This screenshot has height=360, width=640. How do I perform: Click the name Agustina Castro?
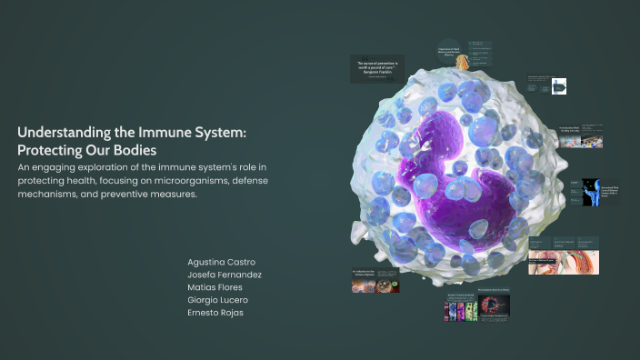tap(222, 262)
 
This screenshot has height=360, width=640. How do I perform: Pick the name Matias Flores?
tap(215, 287)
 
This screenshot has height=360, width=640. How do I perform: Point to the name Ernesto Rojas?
tap(215, 313)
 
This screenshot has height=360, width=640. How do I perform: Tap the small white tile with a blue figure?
tap(559, 87)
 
